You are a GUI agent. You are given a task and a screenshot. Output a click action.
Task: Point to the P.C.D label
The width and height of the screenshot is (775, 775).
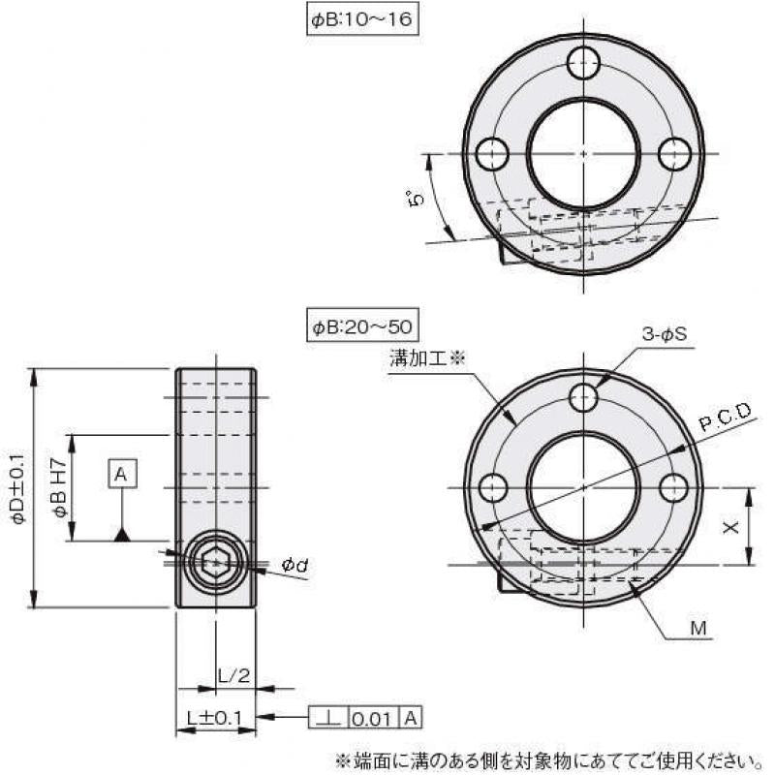pyautogui.click(x=726, y=418)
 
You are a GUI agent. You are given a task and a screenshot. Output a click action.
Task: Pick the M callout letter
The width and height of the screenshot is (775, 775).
pyautogui.click(x=698, y=629)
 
